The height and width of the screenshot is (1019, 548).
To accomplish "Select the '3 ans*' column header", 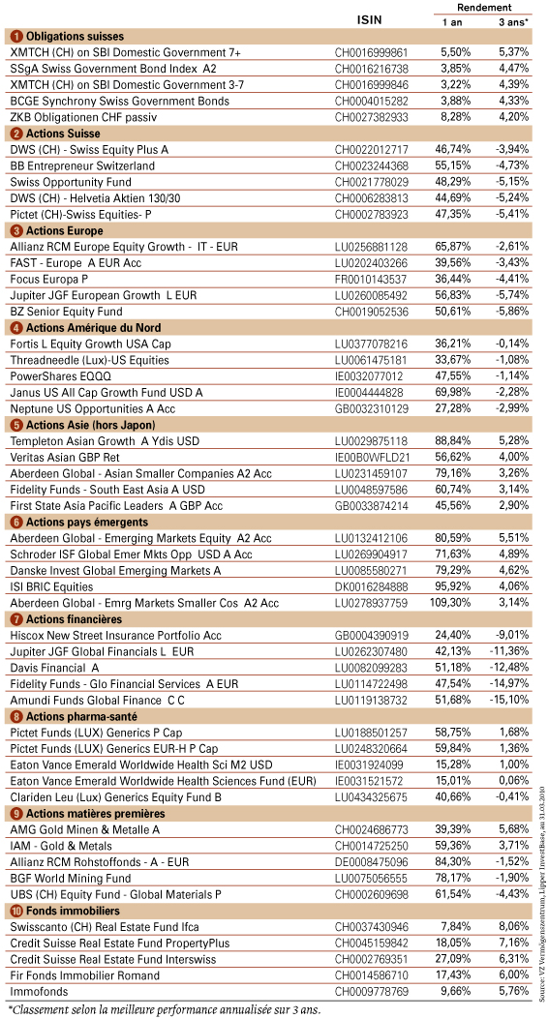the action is coord(511,21).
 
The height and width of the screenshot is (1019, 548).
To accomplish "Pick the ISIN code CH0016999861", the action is coord(371,52).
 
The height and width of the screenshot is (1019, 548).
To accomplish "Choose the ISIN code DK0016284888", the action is coord(371,586).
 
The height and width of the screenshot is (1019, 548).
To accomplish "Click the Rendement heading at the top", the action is coord(484,7).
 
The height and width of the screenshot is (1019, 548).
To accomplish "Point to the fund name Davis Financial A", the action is coord(54,668).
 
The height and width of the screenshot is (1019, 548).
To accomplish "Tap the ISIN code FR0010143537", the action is coord(371,279).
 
